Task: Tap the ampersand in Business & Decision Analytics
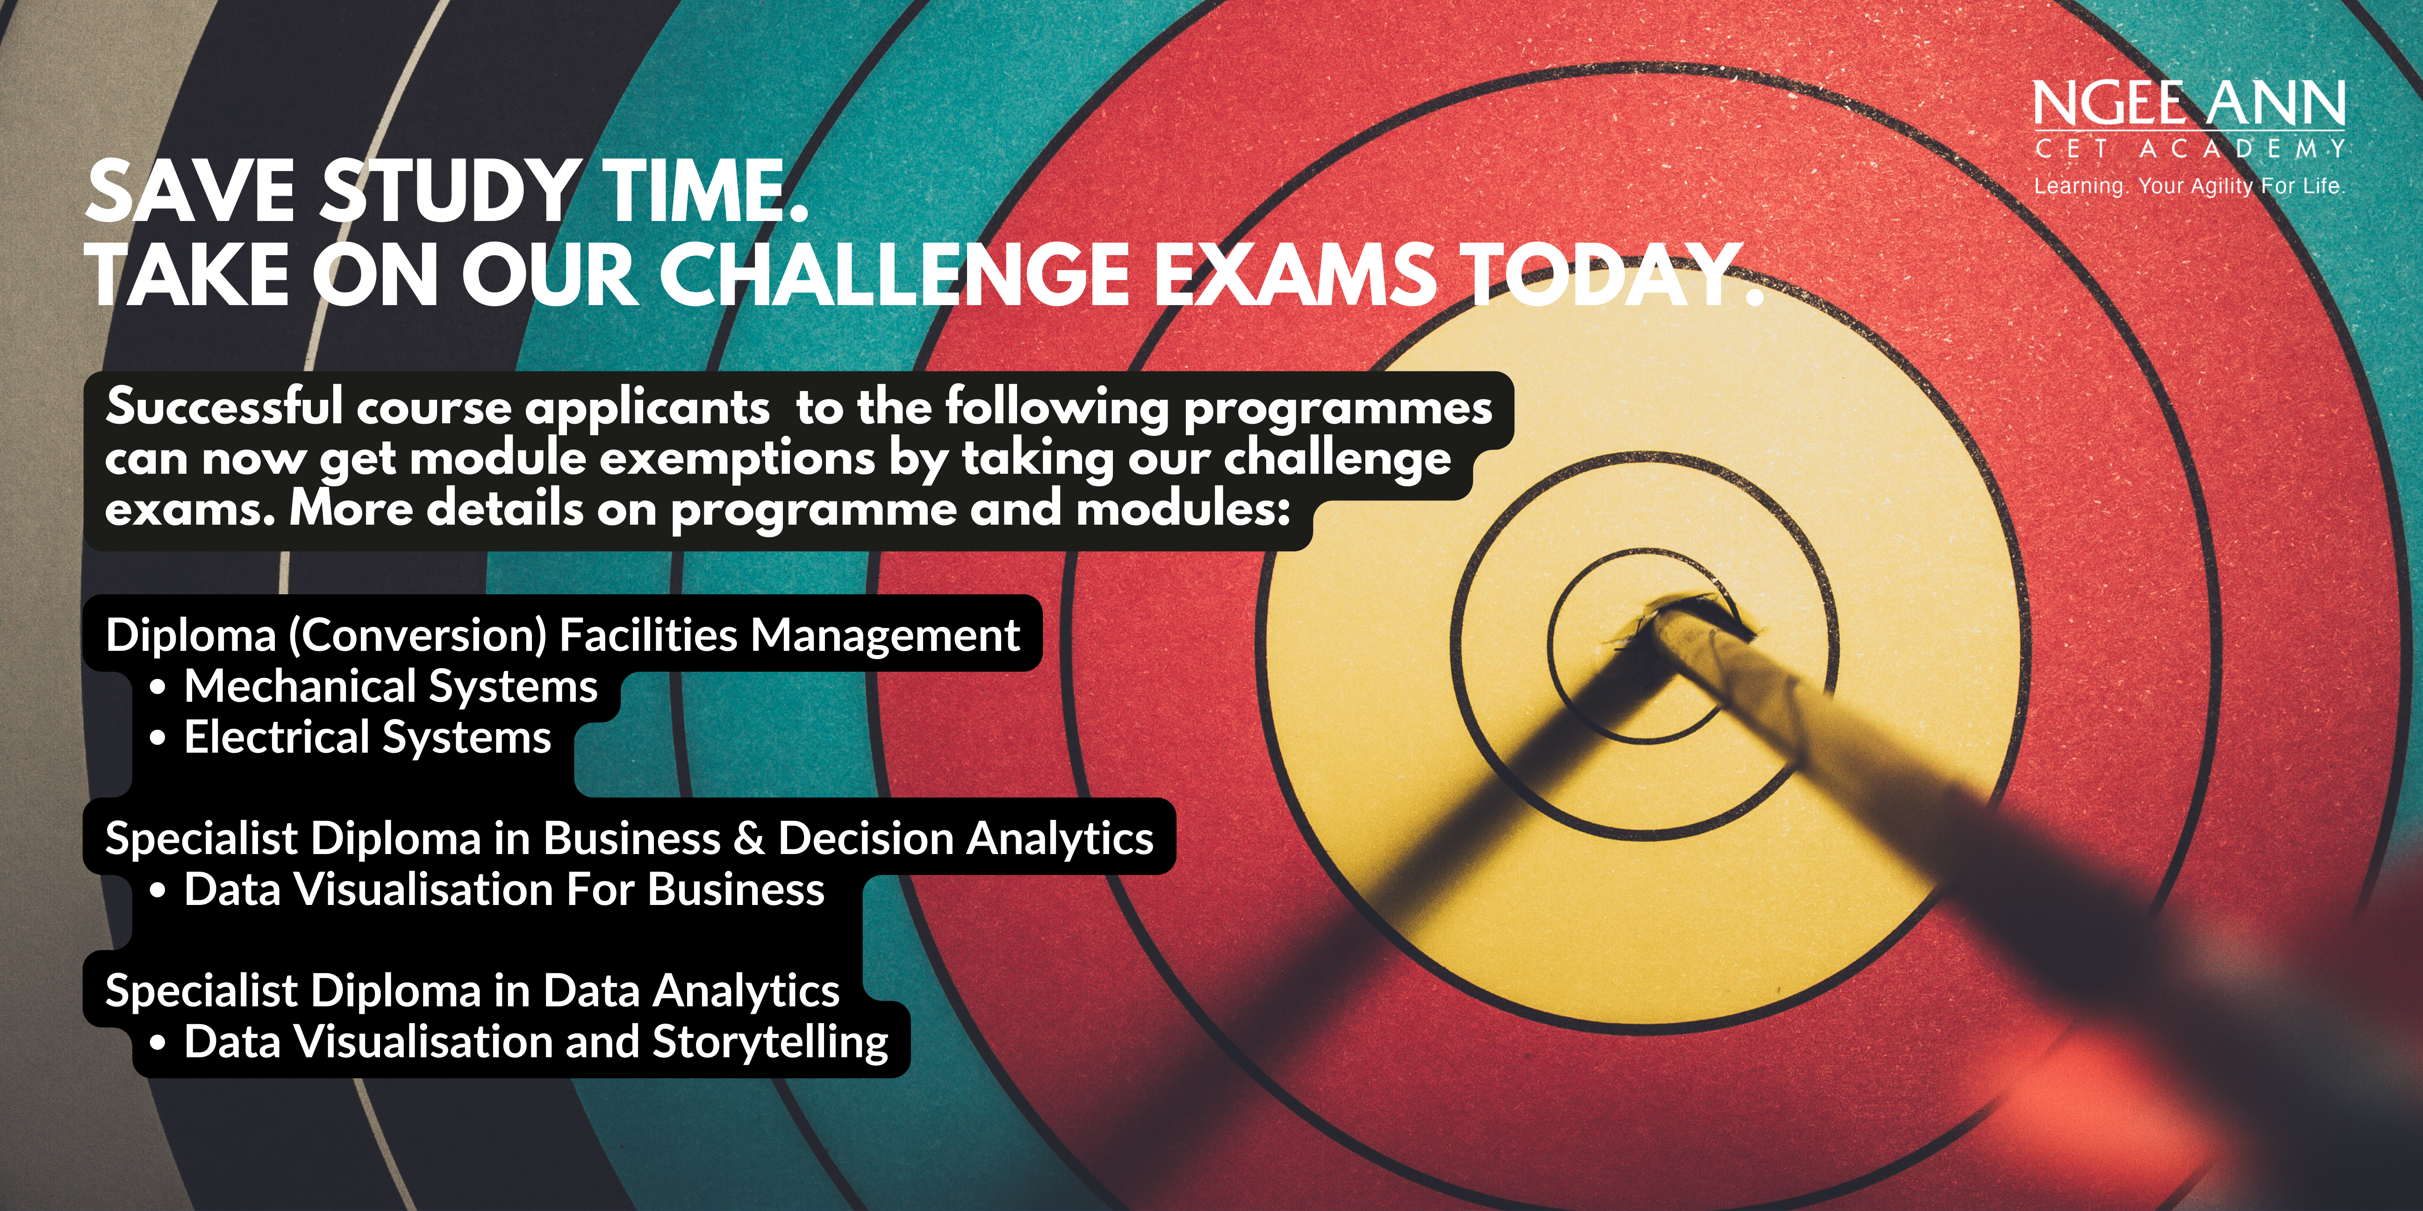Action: [749, 839]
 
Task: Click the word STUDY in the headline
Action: [449, 192]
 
